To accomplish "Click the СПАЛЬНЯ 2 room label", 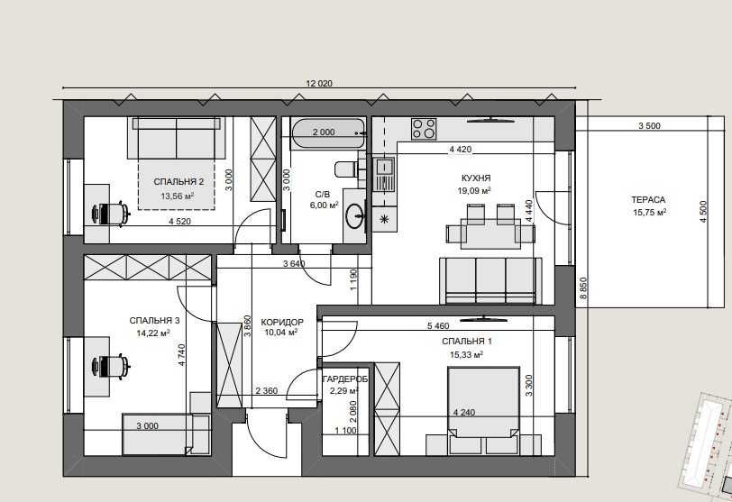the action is (x=178, y=182).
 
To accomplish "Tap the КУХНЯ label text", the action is (x=476, y=178).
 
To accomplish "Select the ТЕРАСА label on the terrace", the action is (x=648, y=200).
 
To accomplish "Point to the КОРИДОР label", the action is (x=282, y=323).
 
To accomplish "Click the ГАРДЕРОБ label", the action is (x=345, y=379).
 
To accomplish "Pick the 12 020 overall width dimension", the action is (x=319, y=84).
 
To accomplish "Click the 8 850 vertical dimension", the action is (x=582, y=289).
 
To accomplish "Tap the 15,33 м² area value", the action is (x=466, y=355).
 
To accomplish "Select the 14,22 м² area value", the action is (x=153, y=333).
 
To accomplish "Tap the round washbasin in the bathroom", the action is (x=355, y=216).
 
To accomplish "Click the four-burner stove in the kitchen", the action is (x=424, y=129).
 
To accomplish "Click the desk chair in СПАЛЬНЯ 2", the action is (x=111, y=214).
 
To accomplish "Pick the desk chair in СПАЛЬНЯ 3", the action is (x=111, y=366).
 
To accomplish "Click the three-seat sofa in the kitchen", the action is (x=490, y=281).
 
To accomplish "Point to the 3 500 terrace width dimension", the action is (x=649, y=125).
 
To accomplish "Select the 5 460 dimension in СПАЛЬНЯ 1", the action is (x=438, y=326).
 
